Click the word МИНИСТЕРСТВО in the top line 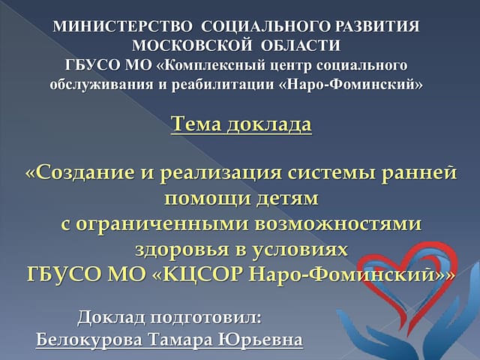click(x=121, y=27)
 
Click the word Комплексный click(x=220, y=65)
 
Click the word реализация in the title click(x=220, y=174)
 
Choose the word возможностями click(x=338, y=224)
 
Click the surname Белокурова click(x=89, y=340)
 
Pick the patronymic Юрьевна click(x=260, y=340)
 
